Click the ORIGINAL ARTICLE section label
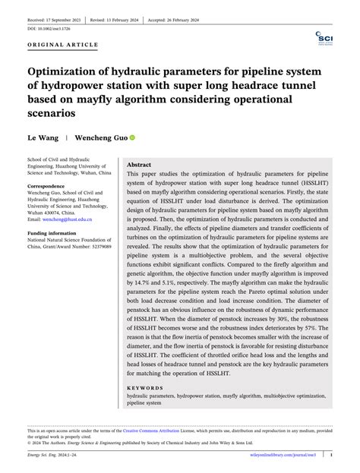tap(62, 45)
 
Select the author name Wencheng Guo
tap(100, 139)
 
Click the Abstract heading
tap(139, 164)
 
